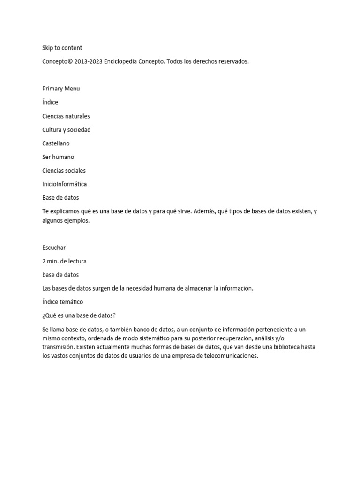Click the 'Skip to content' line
(62, 48)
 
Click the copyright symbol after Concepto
(70, 61)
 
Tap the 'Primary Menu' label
(61, 89)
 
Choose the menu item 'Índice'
(50, 102)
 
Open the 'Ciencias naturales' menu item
(66, 116)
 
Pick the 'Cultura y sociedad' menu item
(66, 129)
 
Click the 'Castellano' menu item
(56, 143)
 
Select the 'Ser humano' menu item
(58, 157)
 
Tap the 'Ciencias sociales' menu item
(64, 170)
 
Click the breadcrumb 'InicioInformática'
(64, 184)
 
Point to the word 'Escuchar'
(54, 247)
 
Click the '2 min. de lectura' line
(64, 261)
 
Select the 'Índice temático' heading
(62, 302)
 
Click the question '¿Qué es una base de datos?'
(79, 315)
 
